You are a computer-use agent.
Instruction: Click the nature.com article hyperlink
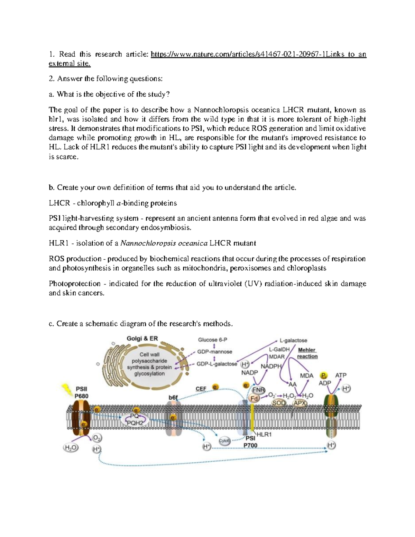pos(258,54)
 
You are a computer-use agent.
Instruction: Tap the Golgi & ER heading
pos(142,339)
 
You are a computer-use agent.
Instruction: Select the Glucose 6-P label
pos(212,340)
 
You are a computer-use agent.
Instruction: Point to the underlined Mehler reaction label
pos(307,353)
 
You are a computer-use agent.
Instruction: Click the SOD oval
pos(279,403)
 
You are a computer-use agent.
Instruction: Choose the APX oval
pos(300,403)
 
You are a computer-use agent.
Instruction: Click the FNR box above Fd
pos(259,390)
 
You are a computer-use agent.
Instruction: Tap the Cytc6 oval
pos(224,441)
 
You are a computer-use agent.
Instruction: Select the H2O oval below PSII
pos(71,448)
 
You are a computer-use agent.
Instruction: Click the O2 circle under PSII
pos(97,438)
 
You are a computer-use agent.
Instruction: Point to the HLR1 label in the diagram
pos(264,434)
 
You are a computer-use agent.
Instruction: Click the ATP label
pos(341,375)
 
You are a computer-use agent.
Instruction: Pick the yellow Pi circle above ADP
pos(324,376)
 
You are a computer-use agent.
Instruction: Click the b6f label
pos(173,398)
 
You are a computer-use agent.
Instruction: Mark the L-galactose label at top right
pos(293,341)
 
